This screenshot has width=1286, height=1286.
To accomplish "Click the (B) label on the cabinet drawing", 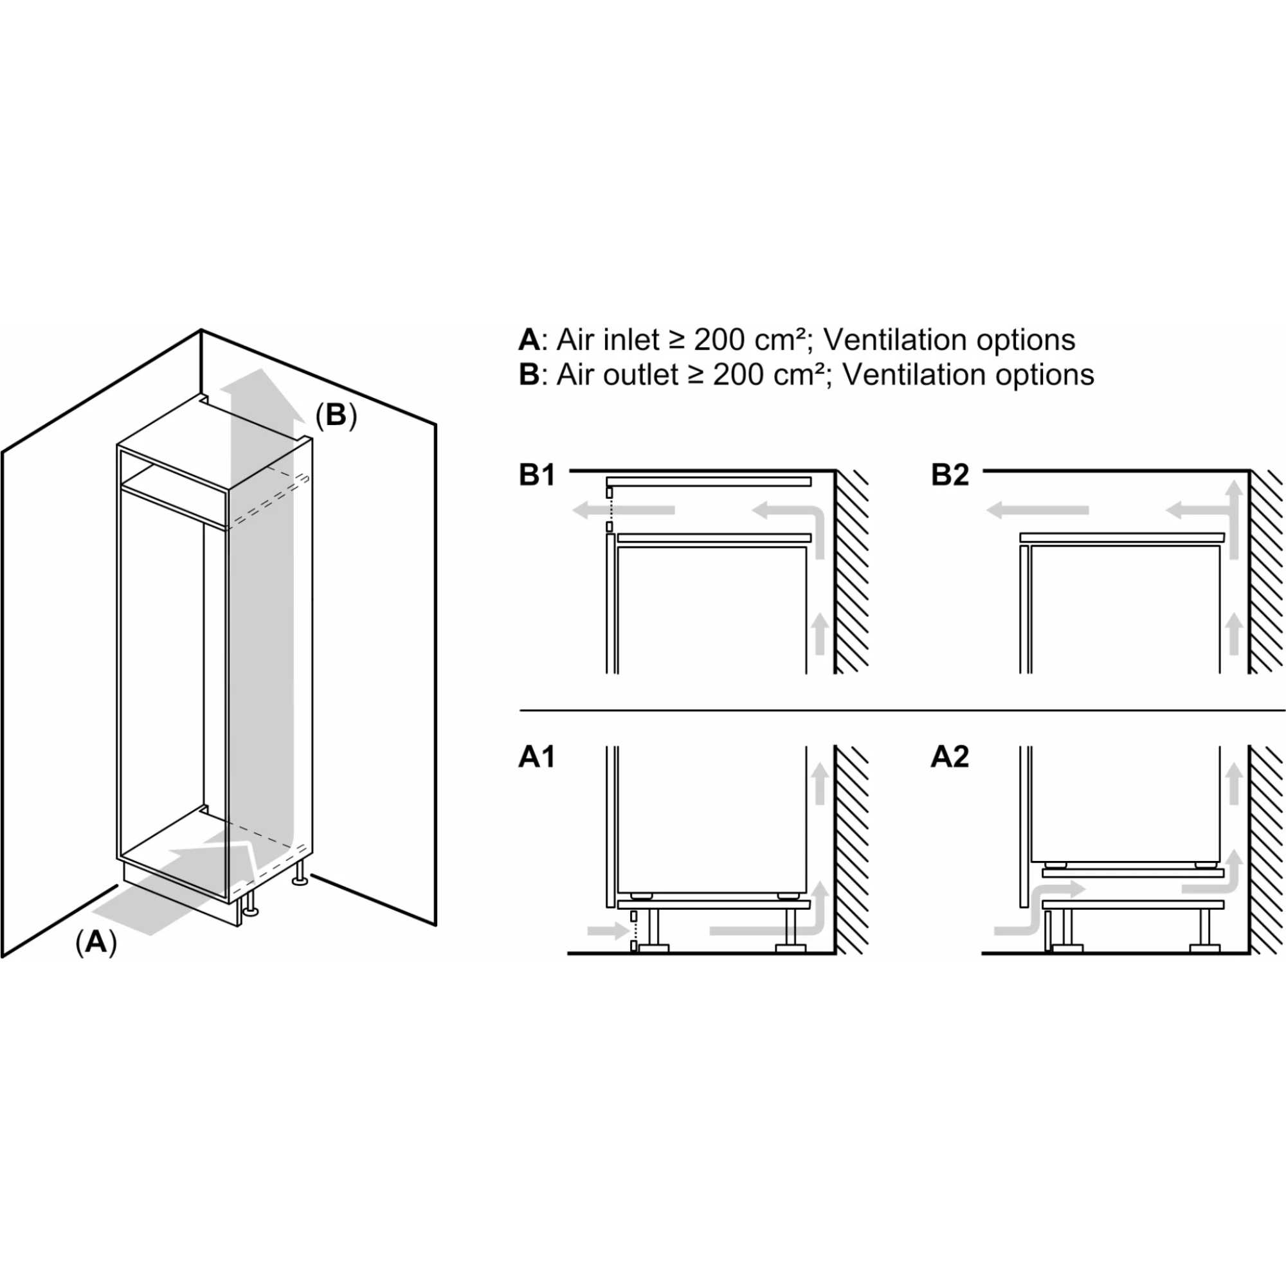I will pos(336,415).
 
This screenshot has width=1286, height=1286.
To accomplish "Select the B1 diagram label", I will pos(536,475).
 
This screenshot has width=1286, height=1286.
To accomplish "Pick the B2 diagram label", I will pos(950,475).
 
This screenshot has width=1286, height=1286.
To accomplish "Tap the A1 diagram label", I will pos(536,757).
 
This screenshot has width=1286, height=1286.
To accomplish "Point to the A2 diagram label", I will pos(950,757).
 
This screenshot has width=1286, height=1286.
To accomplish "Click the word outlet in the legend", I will pos(642,375).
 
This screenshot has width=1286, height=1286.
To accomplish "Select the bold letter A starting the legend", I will pos(529,340).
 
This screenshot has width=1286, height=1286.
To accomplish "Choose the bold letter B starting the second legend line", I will pos(529,375).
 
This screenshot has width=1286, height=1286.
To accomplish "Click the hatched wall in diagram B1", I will pos(852,572).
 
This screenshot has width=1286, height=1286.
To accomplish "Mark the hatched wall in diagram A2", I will pos(1266,852).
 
